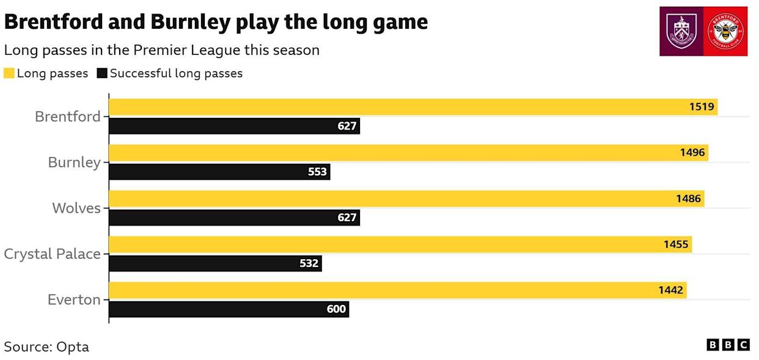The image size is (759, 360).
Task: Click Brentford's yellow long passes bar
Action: point(413,107)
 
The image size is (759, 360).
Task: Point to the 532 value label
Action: point(309,263)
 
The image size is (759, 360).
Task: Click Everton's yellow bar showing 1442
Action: point(397,290)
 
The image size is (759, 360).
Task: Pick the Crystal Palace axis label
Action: point(52,254)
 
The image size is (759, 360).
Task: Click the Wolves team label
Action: point(76,208)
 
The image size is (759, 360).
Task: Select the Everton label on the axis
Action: point(74,299)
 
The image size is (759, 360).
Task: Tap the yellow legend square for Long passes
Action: point(9,73)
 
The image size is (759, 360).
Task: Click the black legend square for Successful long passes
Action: point(101,73)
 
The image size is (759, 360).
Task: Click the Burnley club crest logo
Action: point(681,31)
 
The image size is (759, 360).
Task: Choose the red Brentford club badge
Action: point(726,31)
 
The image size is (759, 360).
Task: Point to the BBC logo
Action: point(728,345)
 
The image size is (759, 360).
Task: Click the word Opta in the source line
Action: point(73,347)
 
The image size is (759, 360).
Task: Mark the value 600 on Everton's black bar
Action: point(336,309)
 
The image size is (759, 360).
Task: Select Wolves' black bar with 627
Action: point(234,218)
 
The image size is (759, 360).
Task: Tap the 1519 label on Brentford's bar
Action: point(702,107)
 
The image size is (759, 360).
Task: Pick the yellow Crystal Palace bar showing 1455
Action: point(400,244)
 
